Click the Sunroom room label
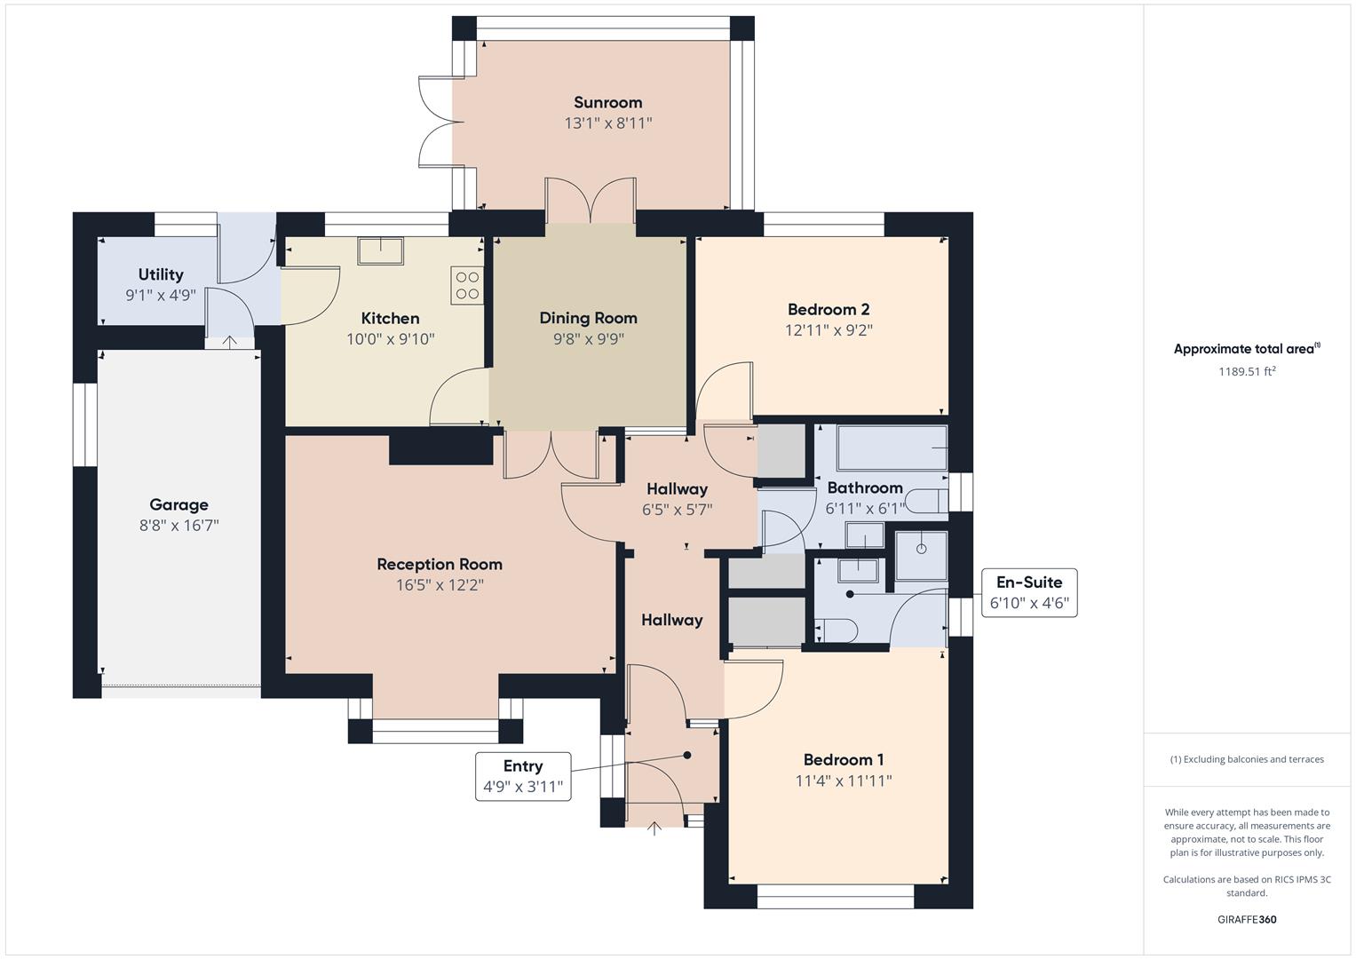pyautogui.click(x=607, y=102)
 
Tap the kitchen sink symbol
pyautogui.click(x=381, y=250)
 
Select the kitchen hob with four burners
pyautogui.click(x=467, y=285)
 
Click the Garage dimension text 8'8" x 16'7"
pyautogui.click(x=178, y=526)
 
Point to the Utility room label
pyautogui.click(x=161, y=274)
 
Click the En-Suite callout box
pyautogui.click(x=1028, y=593)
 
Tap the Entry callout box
pyautogui.click(x=523, y=775)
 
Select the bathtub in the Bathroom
pyautogui.click(x=892, y=448)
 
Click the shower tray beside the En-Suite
pyautogui.click(x=921, y=555)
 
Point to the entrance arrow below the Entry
pyautogui.click(x=654, y=828)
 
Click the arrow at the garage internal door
pyautogui.click(x=229, y=341)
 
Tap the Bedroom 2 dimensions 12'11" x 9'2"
pyautogui.click(x=829, y=330)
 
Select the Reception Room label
pyautogui.click(x=440, y=564)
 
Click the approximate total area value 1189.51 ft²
pyautogui.click(x=1247, y=371)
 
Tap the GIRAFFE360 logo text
pyautogui.click(x=1247, y=919)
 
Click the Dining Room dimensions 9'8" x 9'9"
pyautogui.click(x=588, y=338)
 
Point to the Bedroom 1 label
pyautogui.click(x=843, y=759)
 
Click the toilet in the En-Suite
pyautogui.click(x=835, y=630)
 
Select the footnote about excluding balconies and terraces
pyautogui.click(x=1247, y=759)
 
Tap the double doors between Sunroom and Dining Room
pyautogui.click(x=590, y=201)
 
